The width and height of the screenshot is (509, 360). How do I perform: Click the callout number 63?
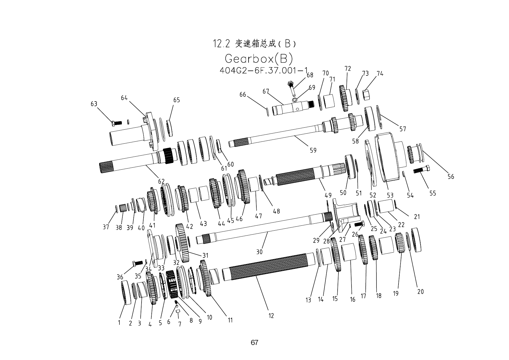(x=94, y=104)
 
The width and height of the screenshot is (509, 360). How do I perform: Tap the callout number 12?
(x=271, y=316)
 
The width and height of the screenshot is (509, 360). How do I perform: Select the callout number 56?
(x=451, y=176)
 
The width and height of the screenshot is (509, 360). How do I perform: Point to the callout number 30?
(x=259, y=252)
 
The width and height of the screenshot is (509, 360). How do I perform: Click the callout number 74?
(x=380, y=74)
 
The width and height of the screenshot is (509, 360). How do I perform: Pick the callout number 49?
(x=328, y=196)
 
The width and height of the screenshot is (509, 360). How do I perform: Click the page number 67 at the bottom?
(x=254, y=343)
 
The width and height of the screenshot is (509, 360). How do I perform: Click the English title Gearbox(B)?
(x=259, y=59)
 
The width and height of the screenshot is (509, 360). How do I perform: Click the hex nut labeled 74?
(x=366, y=95)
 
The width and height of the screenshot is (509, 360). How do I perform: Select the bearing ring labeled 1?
(x=126, y=292)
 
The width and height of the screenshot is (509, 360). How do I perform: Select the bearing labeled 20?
(x=416, y=240)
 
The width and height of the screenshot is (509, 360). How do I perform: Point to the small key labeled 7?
(x=178, y=311)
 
